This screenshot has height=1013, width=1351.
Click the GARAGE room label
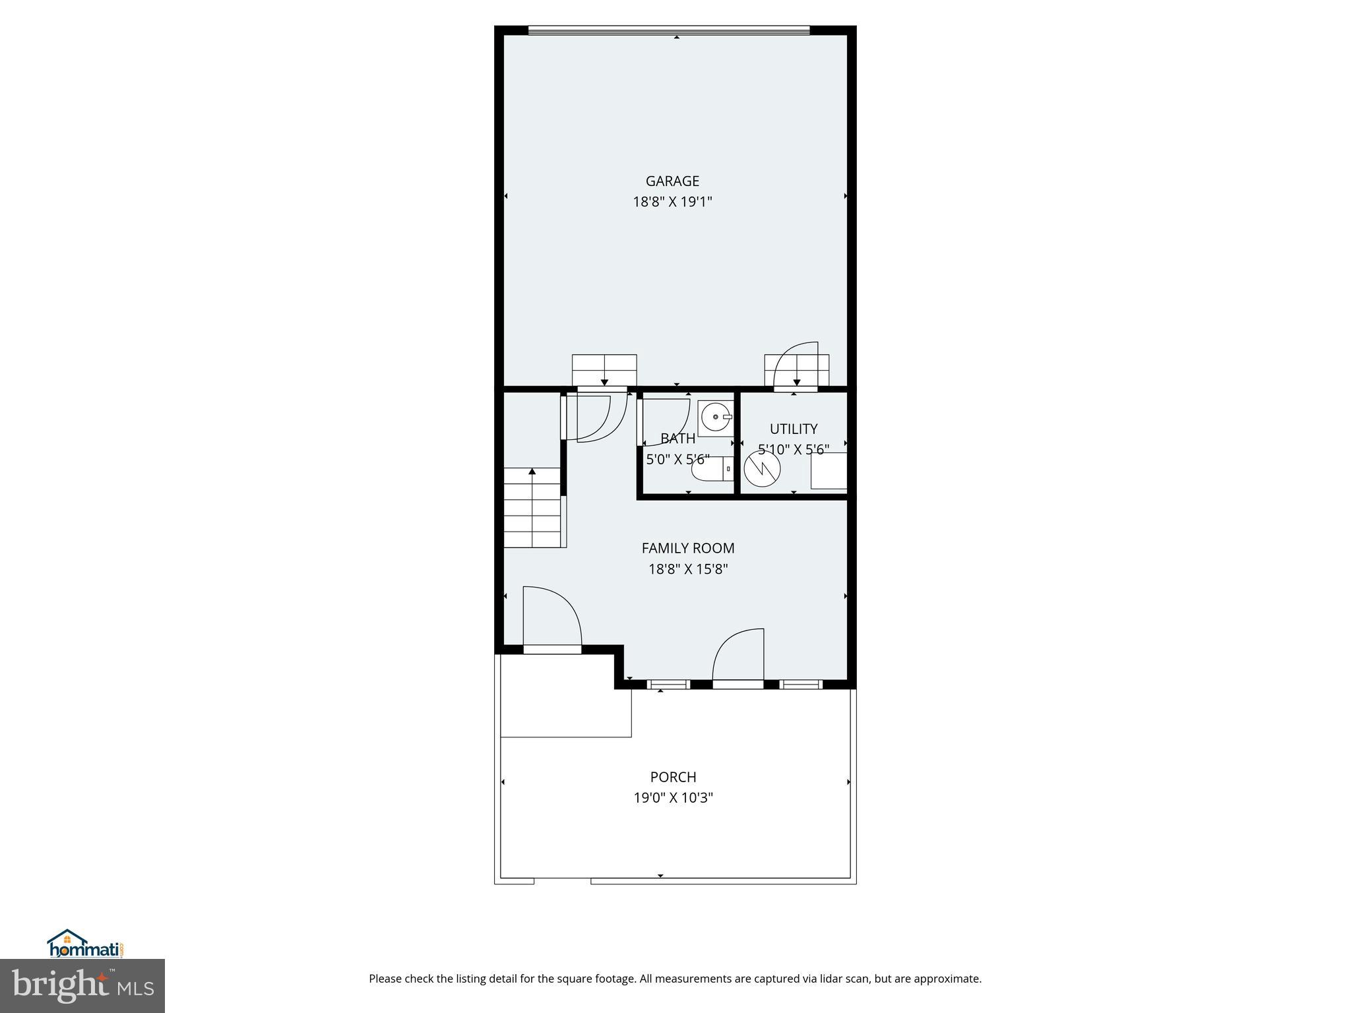tap(672, 181)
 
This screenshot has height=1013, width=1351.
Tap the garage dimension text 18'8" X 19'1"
tap(672, 202)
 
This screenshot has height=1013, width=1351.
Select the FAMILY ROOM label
tap(687, 548)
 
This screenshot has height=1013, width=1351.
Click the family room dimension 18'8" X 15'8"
tap(687, 569)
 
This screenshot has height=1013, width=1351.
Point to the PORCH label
tap(673, 777)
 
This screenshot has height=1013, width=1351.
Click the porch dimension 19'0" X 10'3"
tap(673, 798)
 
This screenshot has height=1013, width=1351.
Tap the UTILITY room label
tap(794, 429)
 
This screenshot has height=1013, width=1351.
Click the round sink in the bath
tap(715, 417)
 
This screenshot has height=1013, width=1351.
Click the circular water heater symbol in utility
tap(762, 469)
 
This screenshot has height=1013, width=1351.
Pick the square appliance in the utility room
tap(829, 470)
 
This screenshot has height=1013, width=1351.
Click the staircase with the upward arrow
tap(532, 508)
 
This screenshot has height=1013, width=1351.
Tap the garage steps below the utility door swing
tap(796, 371)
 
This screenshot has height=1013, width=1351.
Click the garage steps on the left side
tap(604, 370)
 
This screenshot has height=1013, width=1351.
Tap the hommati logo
tap(85, 944)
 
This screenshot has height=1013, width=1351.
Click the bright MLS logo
tap(82, 987)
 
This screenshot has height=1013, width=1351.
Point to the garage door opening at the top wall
tap(668, 30)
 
